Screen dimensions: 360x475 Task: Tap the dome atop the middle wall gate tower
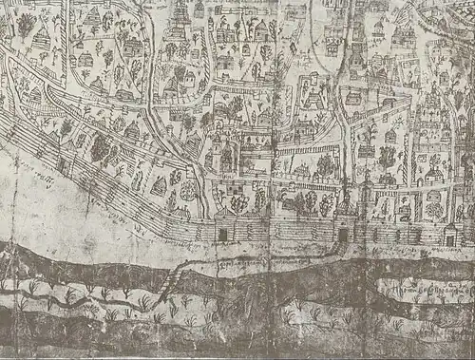click(x=343, y=209)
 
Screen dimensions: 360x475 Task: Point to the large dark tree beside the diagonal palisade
click(x=99, y=147)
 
